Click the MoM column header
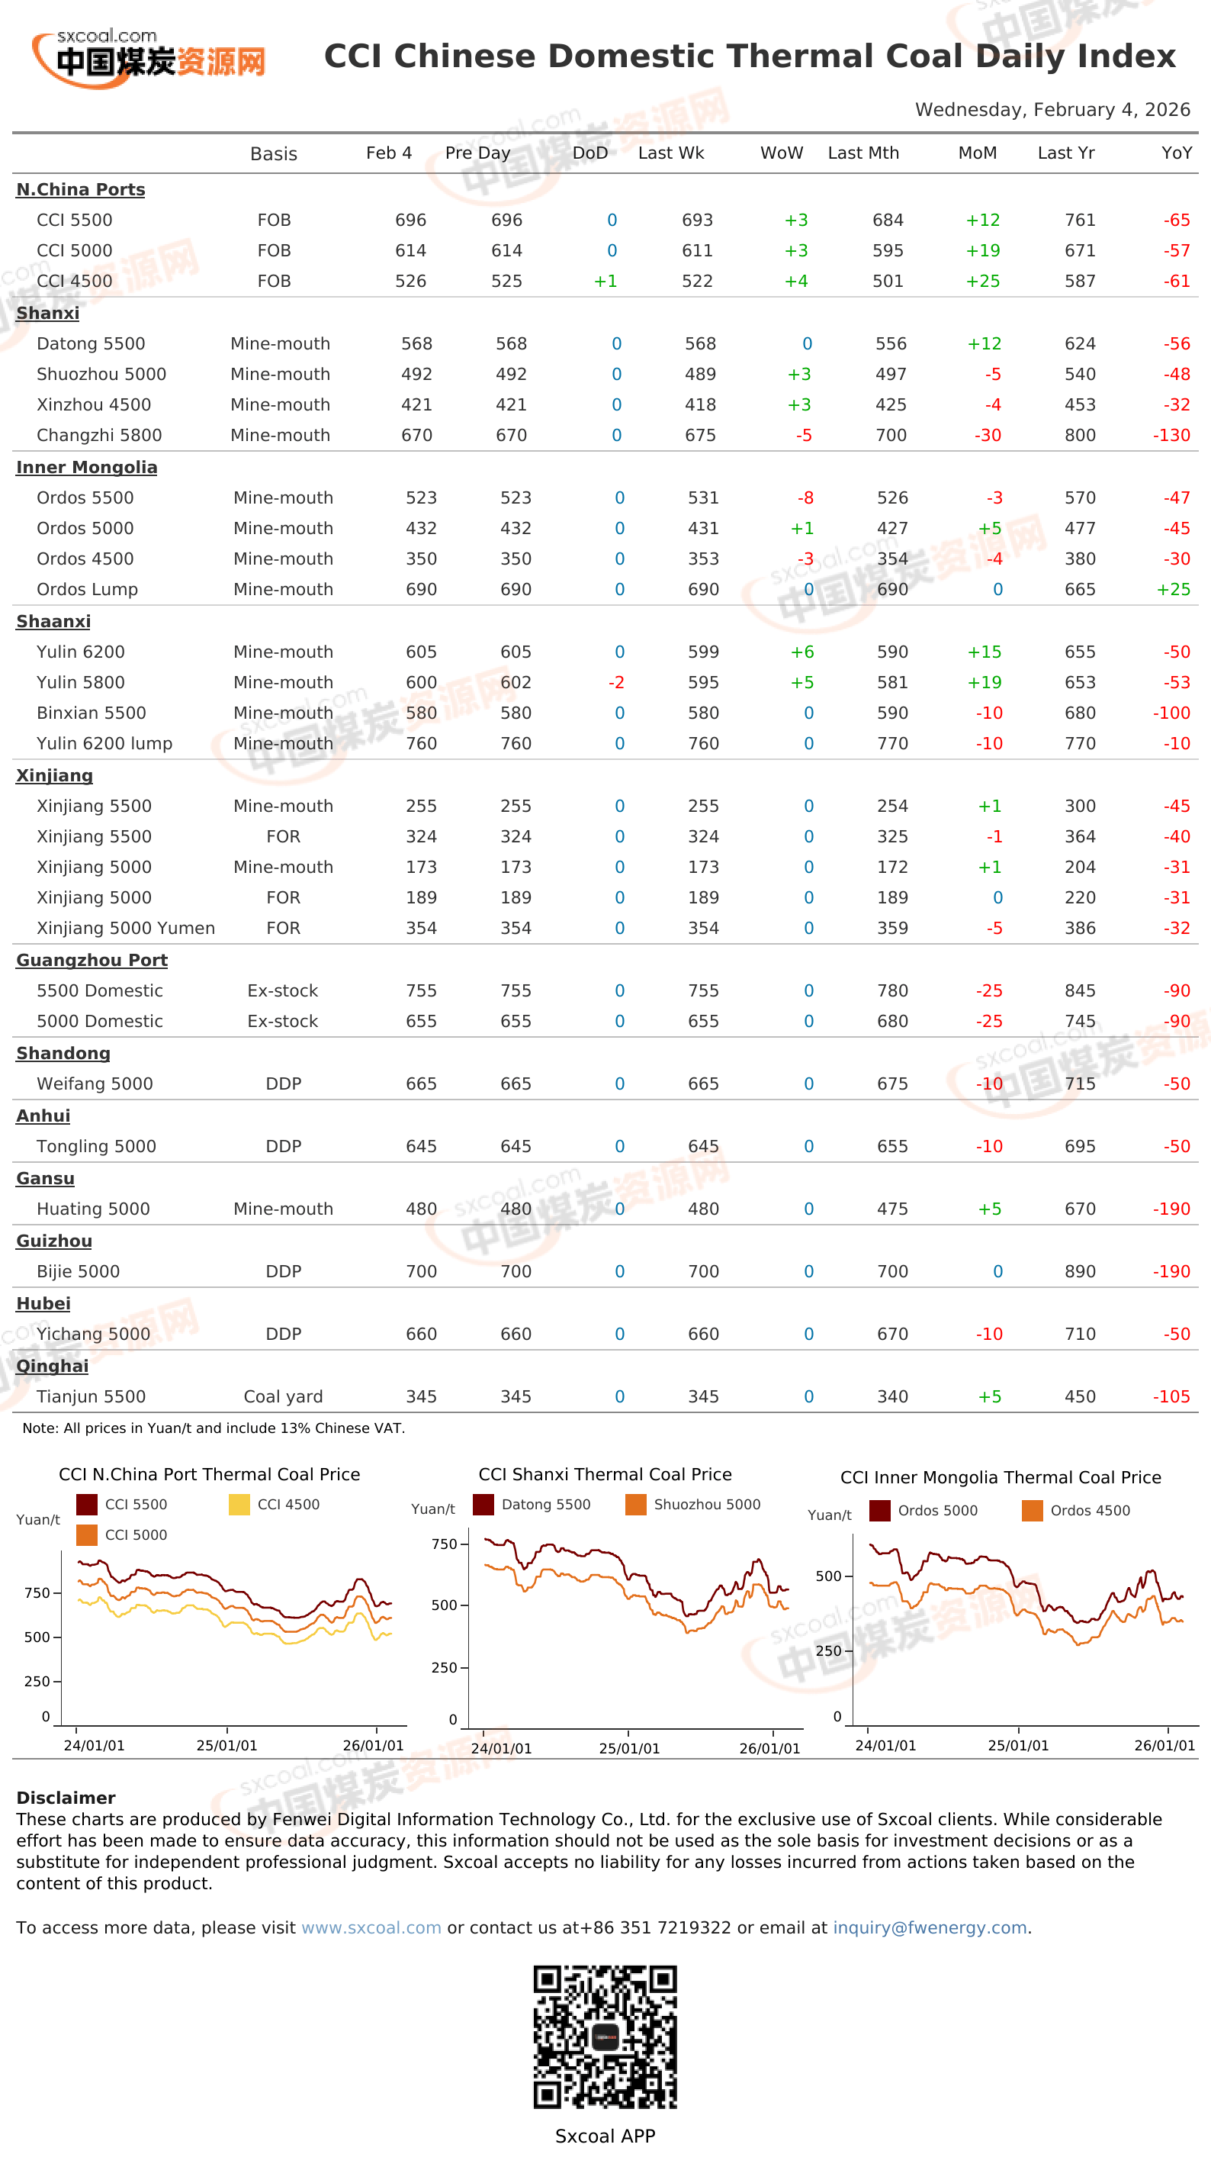(977, 153)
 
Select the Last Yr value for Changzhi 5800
(1080, 435)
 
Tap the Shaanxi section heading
(53, 622)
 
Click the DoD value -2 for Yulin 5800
(616, 682)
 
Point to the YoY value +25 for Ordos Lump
(1173, 590)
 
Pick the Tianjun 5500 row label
(91, 1396)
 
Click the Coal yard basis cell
(283, 1396)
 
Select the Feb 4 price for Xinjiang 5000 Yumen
(421, 928)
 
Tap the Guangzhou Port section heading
(92, 961)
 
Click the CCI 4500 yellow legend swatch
(239, 1504)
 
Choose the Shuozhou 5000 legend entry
(693, 1504)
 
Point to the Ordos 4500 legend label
(1090, 1510)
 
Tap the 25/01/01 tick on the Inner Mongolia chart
(1018, 1746)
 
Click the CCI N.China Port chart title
(210, 1474)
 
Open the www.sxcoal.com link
(371, 1927)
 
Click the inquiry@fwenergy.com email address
(930, 1927)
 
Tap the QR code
(605, 2037)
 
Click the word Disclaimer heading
(66, 1798)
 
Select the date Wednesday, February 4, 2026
(1052, 109)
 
